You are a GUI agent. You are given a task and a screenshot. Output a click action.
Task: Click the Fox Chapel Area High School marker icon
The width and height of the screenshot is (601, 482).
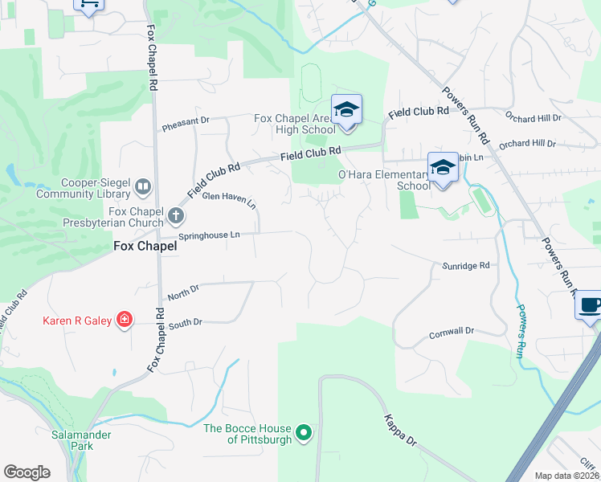tap(346, 109)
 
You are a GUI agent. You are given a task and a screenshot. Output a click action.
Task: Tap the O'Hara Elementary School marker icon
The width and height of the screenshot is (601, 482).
tap(442, 167)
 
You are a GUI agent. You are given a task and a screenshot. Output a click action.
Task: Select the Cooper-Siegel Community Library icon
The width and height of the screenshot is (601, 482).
tap(143, 187)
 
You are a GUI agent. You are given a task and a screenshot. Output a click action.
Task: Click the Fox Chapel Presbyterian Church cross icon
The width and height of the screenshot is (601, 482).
tap(176, 215)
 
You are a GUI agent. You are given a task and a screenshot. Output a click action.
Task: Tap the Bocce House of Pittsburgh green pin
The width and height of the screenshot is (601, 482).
tap(303, 434)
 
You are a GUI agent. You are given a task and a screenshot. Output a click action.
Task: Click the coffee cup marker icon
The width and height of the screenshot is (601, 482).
tap(590, 305)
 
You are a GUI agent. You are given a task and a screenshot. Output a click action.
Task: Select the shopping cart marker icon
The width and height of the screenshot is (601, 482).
tap(88, 3)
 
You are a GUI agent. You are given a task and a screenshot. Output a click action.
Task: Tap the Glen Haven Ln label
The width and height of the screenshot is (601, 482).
tap(229, 199)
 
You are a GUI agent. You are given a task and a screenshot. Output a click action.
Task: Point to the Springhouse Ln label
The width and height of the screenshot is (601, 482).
tap(209, 235)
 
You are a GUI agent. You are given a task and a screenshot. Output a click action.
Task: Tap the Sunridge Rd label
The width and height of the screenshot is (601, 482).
tap(465, 265)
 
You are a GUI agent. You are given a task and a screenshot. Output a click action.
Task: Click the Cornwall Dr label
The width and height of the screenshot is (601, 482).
tap(452, 331)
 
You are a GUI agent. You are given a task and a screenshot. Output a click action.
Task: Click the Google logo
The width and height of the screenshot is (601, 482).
tap(27, 472)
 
